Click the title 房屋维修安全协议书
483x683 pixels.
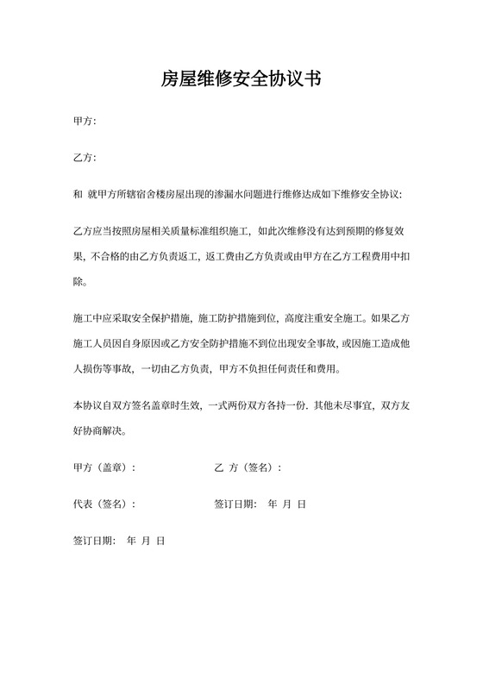[x=241, y=80]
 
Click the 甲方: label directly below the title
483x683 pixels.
[x=85, y=122]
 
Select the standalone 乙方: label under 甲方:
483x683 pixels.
[x=85, y=158]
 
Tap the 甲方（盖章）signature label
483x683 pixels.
[x=104, y=467]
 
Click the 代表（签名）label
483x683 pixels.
[x=104, y=504]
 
